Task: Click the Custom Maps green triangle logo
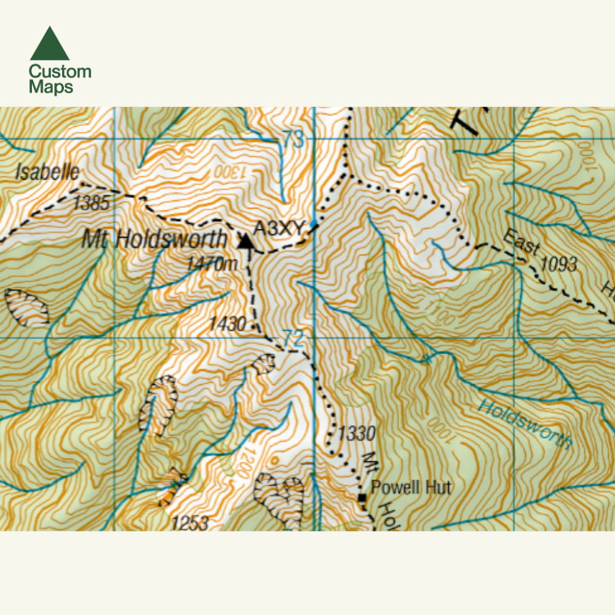coord(50,44)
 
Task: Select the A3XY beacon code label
coord(279,228)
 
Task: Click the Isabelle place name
coord(47,171)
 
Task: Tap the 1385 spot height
coord(90,203)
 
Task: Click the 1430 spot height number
coord(228,323)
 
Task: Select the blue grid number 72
coord(294,338)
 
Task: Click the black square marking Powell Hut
coord(362,497)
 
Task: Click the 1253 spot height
coord(190,523)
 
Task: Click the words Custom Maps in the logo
coord(60,79)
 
